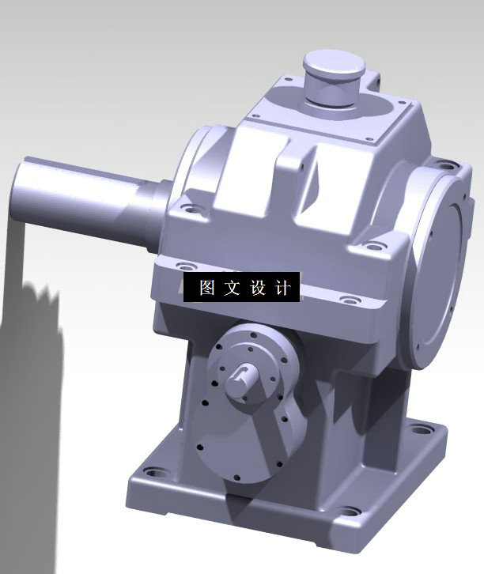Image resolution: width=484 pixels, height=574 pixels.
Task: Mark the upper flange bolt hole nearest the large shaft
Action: [x=189, y=210]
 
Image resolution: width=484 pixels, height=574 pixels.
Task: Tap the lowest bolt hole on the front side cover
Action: [x=237, y=477]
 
